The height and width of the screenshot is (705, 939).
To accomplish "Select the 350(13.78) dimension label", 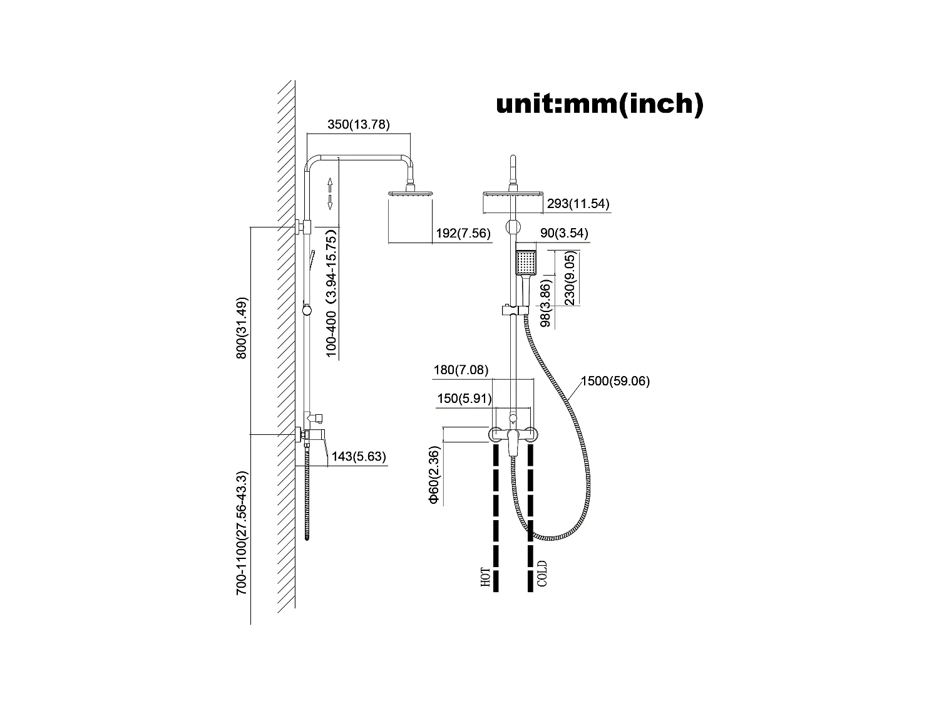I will (359, 125).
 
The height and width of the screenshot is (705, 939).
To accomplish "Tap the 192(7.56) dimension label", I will (463, 234).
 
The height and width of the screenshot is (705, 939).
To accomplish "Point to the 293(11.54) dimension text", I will (578, 203).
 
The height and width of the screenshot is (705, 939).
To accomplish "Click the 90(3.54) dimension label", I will (563, 234).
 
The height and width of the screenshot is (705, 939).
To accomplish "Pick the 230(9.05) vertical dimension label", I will (570, 278).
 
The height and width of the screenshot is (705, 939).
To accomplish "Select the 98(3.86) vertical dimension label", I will (546, 304).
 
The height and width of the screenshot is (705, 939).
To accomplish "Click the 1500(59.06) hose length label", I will (615, 381).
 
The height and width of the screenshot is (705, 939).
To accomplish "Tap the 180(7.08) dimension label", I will (461, 370).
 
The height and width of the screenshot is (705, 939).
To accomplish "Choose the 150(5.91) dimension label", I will (464, 399).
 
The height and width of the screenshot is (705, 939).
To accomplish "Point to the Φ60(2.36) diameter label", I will (434, 475).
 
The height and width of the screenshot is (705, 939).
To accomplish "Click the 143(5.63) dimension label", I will (358, 457).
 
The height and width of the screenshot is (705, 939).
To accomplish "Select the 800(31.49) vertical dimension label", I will (242, 328).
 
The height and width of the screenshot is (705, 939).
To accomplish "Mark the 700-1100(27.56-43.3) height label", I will (242, 533).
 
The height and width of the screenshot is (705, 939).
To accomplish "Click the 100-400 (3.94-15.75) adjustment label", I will (332, 293).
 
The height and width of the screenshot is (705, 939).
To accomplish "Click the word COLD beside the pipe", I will (542, 574).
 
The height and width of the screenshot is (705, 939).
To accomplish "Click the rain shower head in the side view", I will (411, 194).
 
